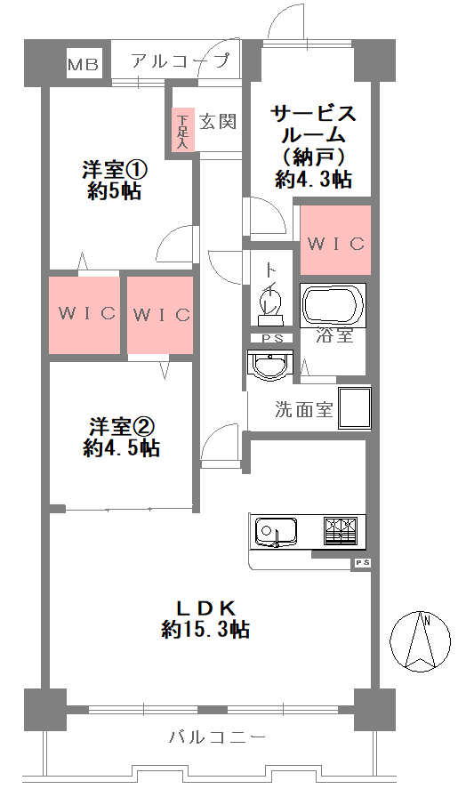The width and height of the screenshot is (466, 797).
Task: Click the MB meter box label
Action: pos(84,64)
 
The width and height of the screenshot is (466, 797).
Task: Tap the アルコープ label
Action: pos(180,61)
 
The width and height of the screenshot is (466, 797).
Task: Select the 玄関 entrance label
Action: pos(217,122)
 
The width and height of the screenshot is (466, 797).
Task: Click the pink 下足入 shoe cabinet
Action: pos(182,129)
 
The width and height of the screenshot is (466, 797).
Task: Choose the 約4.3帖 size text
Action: pos(313,180)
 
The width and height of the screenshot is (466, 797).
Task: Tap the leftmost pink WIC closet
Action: pos(84,314)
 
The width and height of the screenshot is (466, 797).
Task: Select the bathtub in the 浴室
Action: pos(333,306)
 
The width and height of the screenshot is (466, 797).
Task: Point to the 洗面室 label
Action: pos(303,410)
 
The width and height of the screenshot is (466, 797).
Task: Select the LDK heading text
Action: pos(205,608)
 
